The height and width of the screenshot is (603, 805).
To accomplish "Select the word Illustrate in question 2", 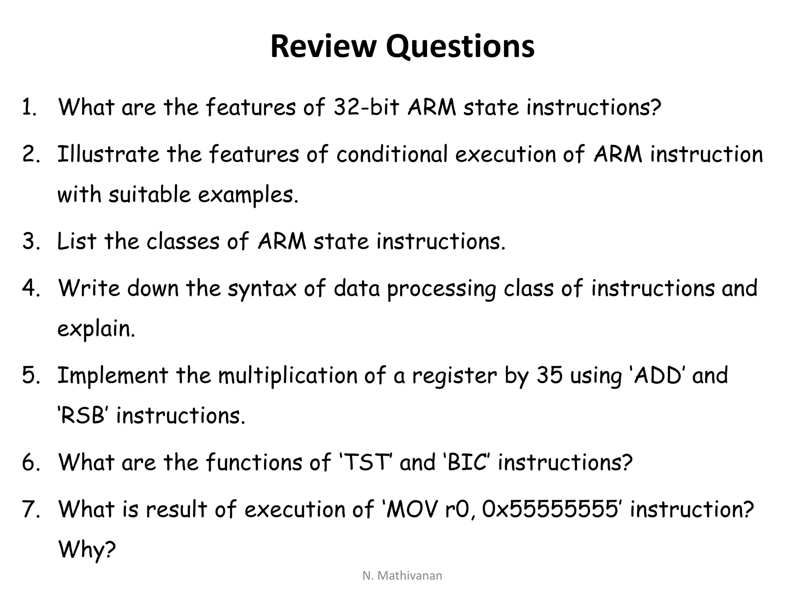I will tap(108, 154).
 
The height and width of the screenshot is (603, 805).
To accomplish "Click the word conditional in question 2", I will tap(392, 154).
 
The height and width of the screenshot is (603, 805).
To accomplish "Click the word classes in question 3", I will tap(183, 241).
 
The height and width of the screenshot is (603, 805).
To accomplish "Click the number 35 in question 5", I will tap(549, 375).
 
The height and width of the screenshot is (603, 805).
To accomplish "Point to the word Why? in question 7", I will tap(87, 550).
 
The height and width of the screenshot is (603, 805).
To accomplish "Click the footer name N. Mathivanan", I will tap(402, 576).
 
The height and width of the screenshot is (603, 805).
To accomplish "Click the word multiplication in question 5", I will tap(287, 375).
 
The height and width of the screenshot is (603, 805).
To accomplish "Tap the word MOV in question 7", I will tap(411, 509).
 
